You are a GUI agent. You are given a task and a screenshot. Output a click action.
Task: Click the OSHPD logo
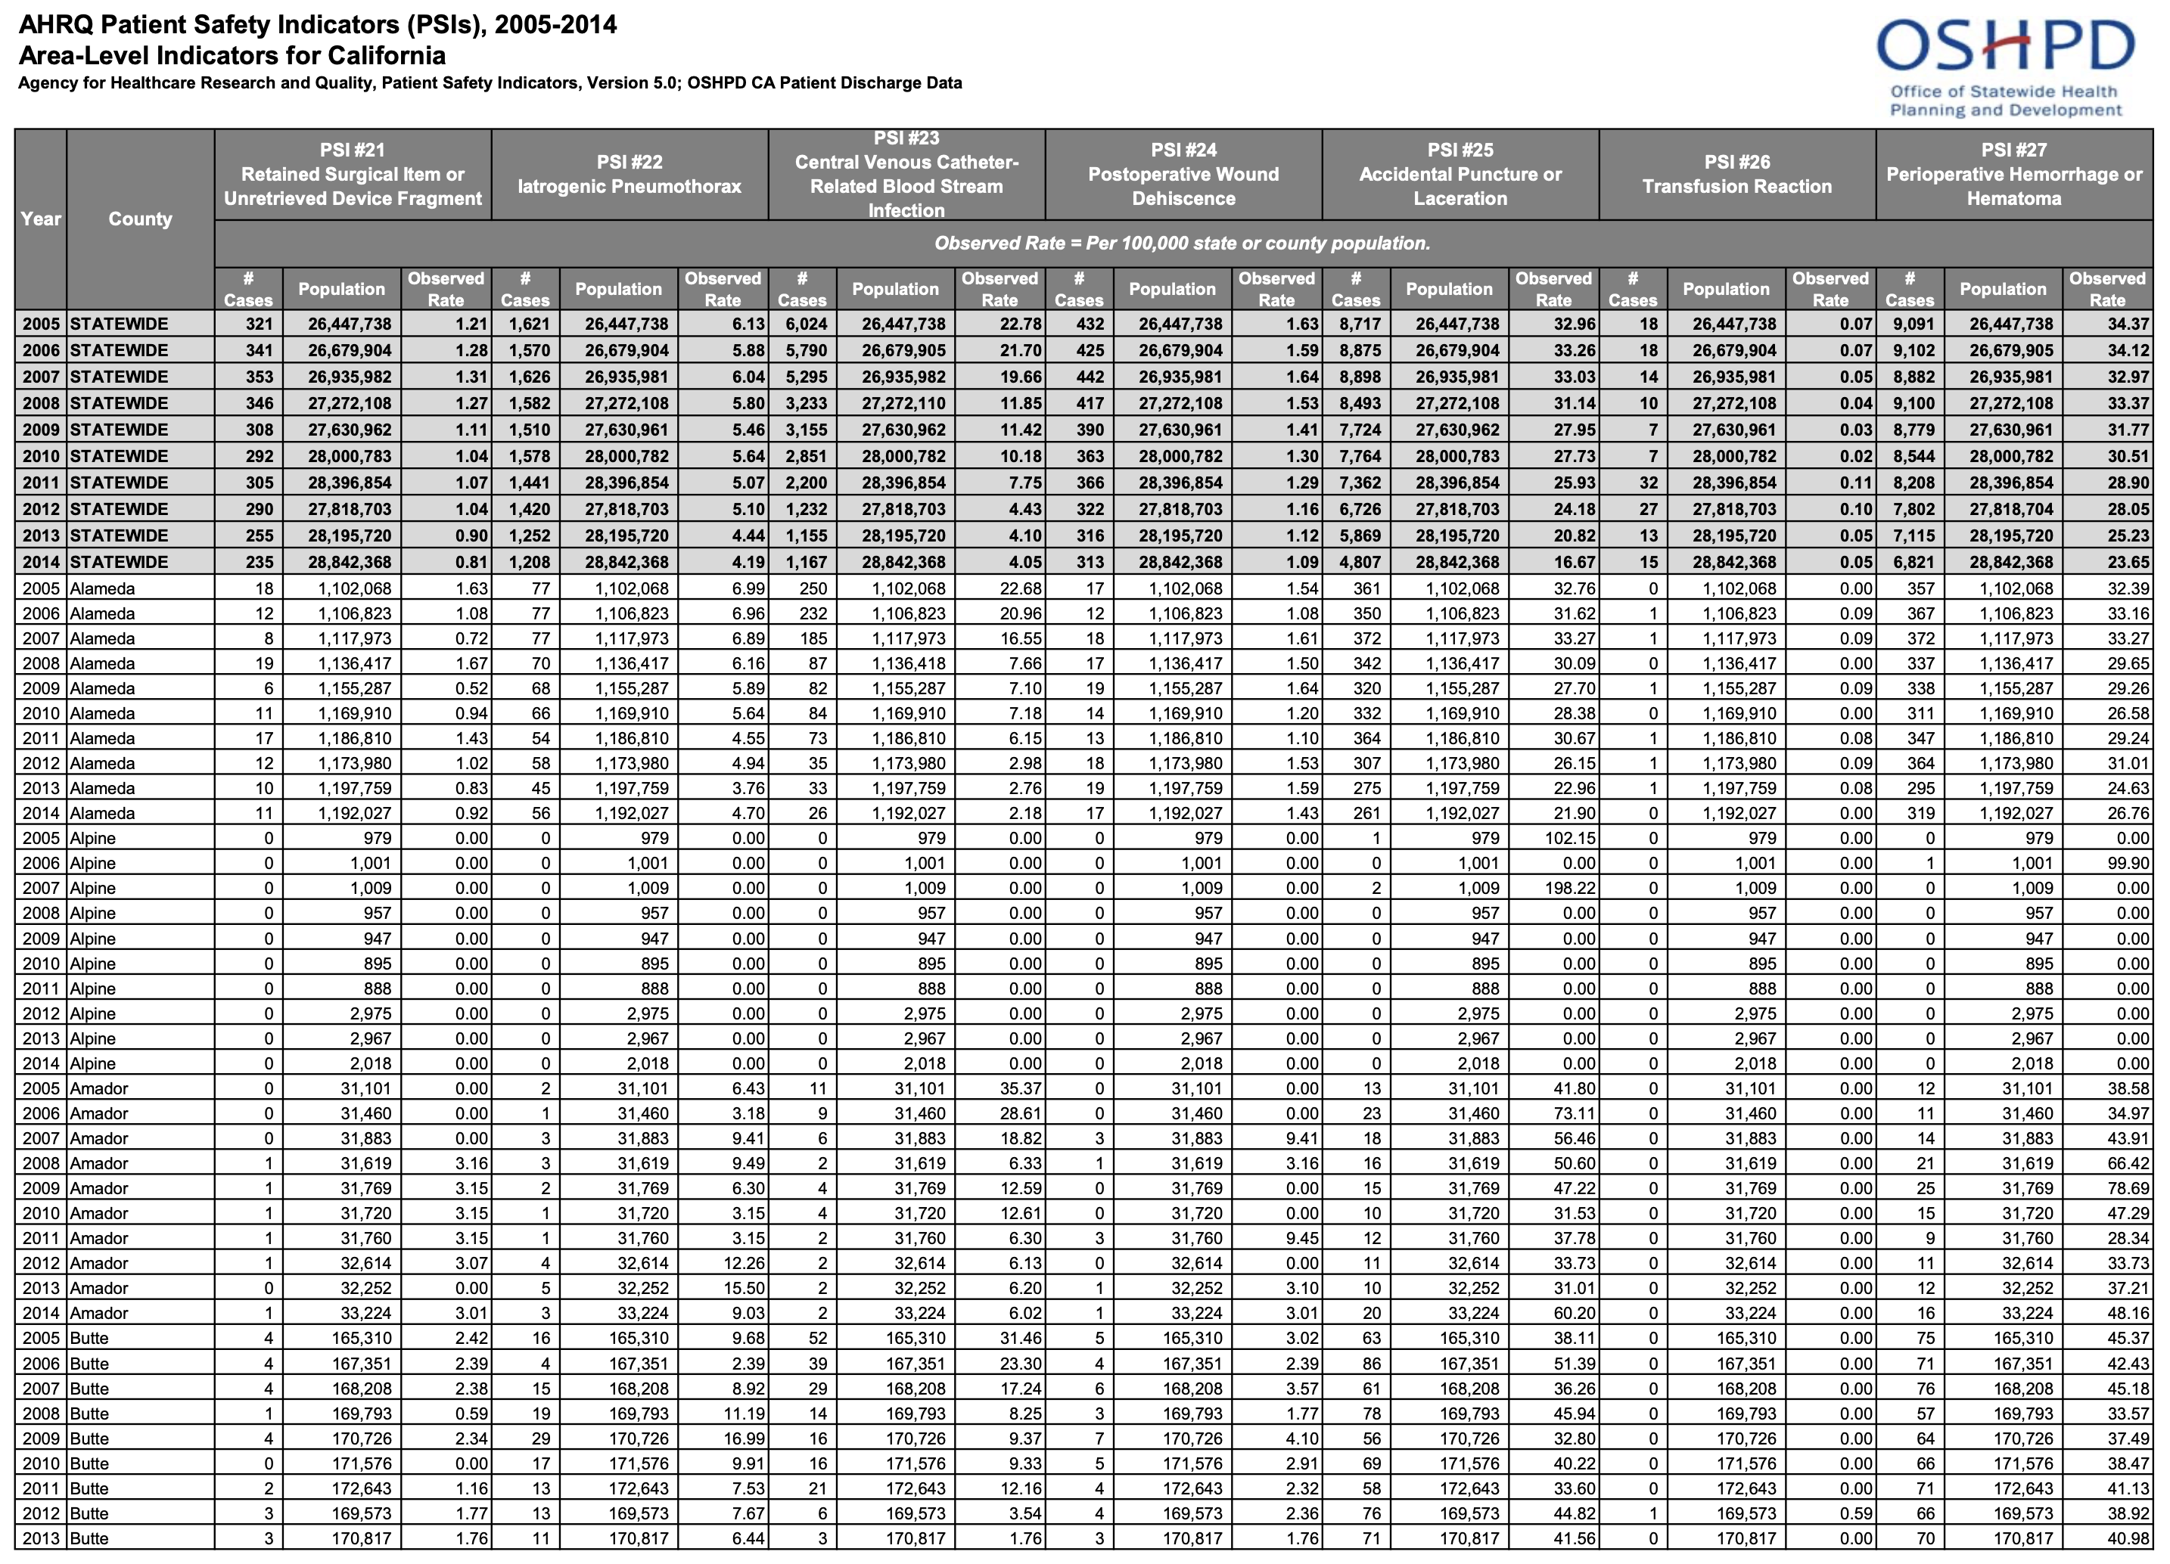(2005, 67)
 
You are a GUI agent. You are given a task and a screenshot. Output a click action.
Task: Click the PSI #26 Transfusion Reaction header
(1736, 175)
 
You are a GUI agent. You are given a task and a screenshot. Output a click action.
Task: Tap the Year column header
(41, 219)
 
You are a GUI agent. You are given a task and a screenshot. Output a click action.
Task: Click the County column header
(141, 219)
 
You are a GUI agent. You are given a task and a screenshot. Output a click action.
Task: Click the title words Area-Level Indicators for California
(232, 55)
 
